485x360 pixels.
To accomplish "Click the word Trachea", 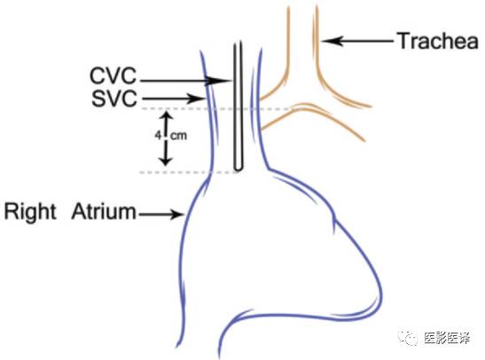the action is coord(438,41).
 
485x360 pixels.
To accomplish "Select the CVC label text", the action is coord(113,75).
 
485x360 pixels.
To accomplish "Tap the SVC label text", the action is coord(113,99).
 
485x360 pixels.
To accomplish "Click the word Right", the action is coord(30,212).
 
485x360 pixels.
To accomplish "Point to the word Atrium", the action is coord(104,212).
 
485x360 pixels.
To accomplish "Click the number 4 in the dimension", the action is coord(159,135).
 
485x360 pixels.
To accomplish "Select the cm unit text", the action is coord(178,136).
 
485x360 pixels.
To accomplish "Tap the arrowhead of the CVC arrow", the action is coord(221,81).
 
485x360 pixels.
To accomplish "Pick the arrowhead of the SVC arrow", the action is coord(197,99).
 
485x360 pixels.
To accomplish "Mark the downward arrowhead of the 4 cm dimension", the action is coord(166,160).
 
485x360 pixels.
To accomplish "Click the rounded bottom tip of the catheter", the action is coord(238,168).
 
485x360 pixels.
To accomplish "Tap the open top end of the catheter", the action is coord(238,43).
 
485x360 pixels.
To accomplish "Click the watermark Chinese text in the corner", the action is coord(447,339).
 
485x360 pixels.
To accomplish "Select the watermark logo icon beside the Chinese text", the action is coord(408,338).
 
